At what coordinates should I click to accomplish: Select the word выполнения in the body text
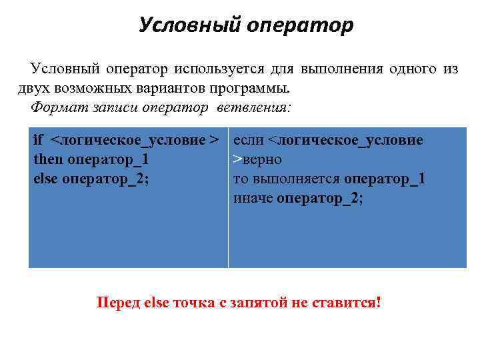pyautogui.click(x=340, y=69)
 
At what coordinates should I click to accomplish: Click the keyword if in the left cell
pyautogui.click(x=39, y=141)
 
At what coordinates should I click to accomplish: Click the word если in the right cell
pyautogui.click(x=249, y=141)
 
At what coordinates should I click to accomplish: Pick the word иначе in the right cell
pyautogui.click(x=253, y=198)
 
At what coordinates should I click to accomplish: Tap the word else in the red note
pyautogui.click(x=157, y=303)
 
